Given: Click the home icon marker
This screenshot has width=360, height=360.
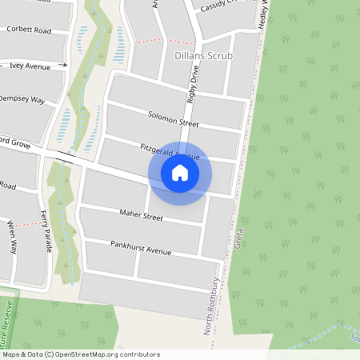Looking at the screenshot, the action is pyautogui.click(x=180, y=173).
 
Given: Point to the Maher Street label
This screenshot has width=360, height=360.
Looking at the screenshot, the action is pyautogui.click(x=141, y=217).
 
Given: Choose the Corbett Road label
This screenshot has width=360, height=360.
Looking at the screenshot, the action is pyautogui.click(x=28, y=30).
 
